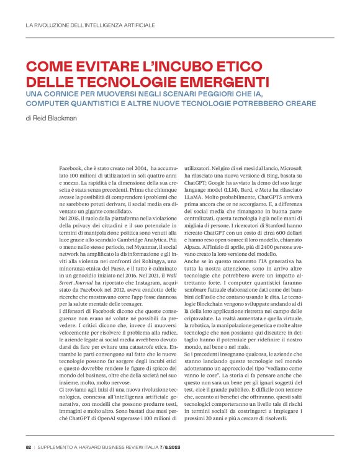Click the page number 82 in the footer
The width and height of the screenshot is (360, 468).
(x=29, y=447)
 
